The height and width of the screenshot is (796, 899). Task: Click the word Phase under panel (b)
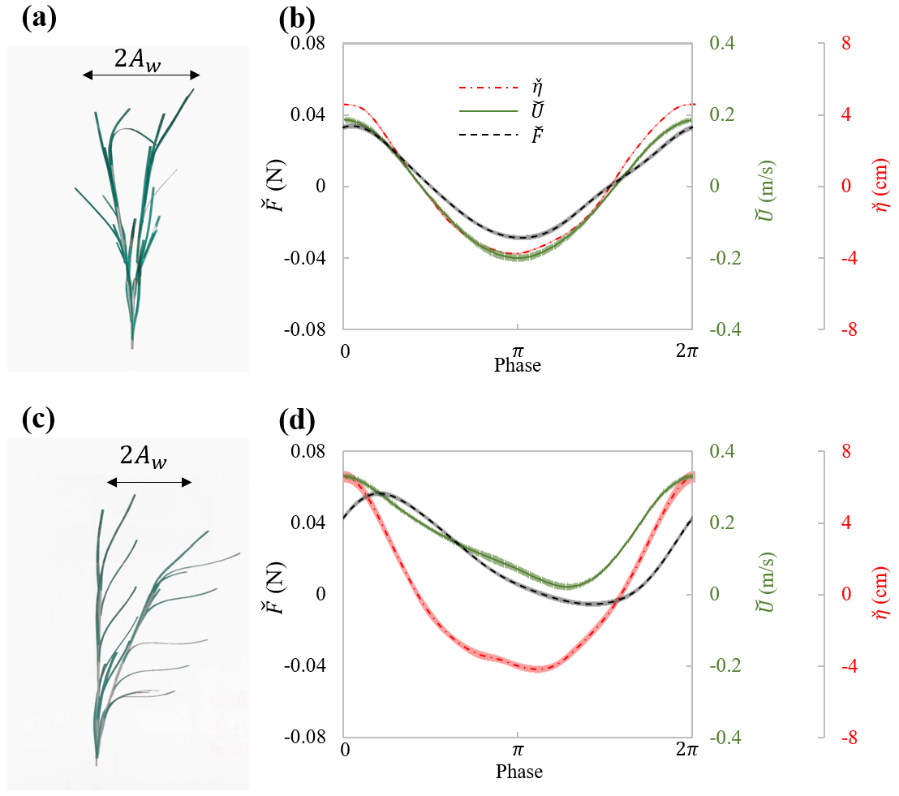518,365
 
